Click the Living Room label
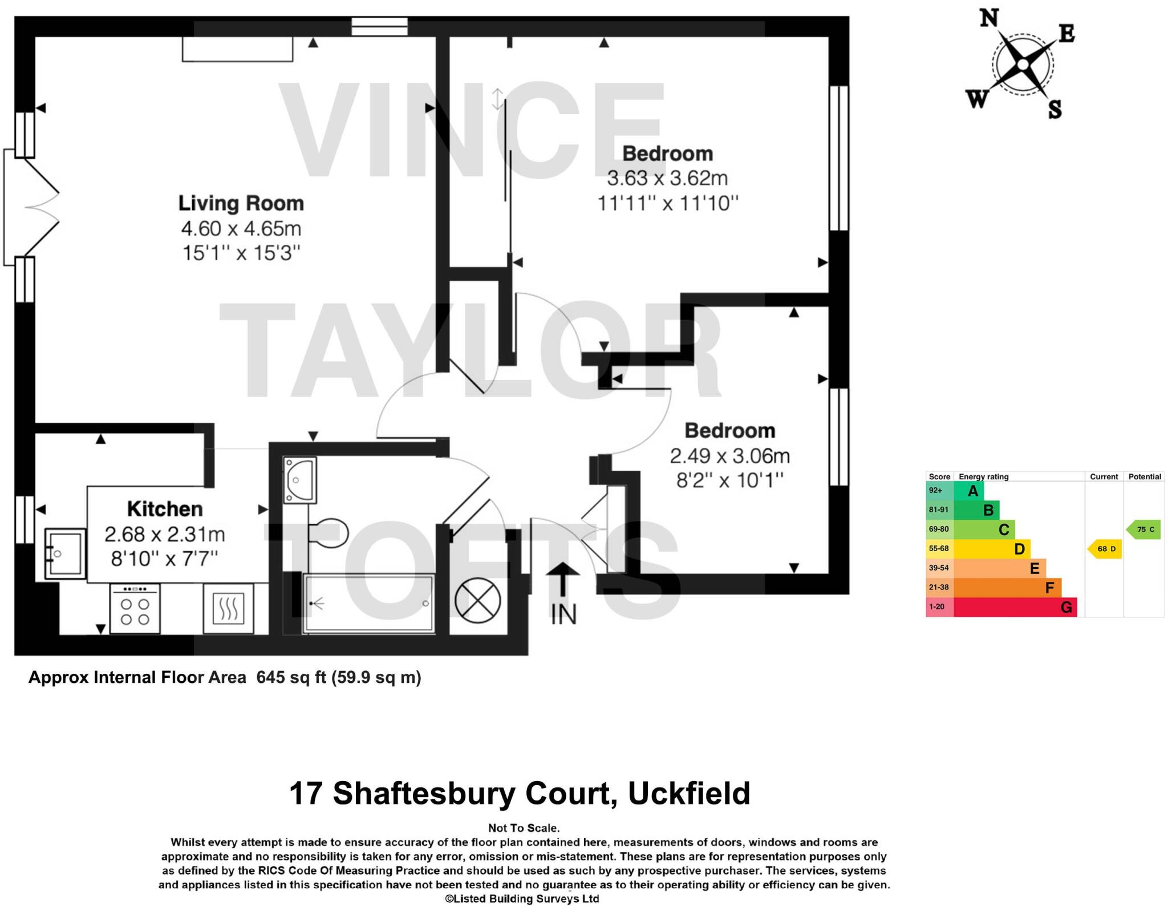point(241,204)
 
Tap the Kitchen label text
point(165,508)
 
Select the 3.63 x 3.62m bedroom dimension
point(667,179)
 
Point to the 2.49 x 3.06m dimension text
point(729,456)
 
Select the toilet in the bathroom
point(328,533)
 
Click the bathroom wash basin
point(299,480)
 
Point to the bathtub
point(368,604)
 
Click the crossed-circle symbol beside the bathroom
point(477,600)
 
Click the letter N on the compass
point(989,18)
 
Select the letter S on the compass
point(1055,108)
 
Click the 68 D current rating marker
point(1105,549)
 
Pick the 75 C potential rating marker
point(1144,529)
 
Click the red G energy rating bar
point(1015,607)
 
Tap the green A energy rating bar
point(968,491)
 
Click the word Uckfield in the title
point(689,793)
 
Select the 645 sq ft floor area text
point(291,677)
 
